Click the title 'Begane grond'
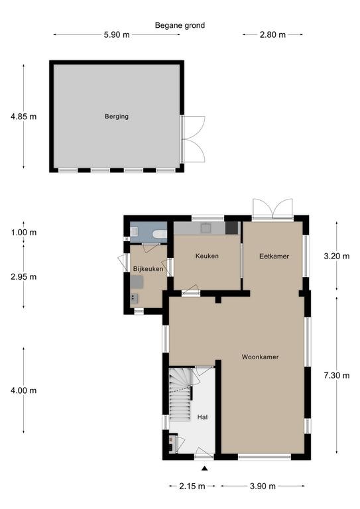pyautogui.click(x=180, y=25)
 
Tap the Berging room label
pyautogui.click(x=117, y=116)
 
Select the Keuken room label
pyautogui.click(x=207, y=256)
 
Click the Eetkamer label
pyautogui.click(x=274, y=256)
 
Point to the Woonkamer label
pyautogui.click(x=260, y=357)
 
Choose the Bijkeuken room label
pyautogui.click(x=148, y=269)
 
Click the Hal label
pyautogui.click(x=202, y=417)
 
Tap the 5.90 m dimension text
pyautogui.click(x=117, y=34)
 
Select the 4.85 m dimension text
pyautogui.click(x=23, y=117)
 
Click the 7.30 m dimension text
pyautogui.click(x=337, y=376)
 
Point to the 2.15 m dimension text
pyautogui.click(x=192, y=486)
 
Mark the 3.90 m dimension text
pyautogui.click(x=263, y=486)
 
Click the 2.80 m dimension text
pyautogui.click(x=272, y=34)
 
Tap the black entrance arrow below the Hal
pyautogui.click(x=204, y=468)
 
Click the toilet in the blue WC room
pyautogui.click(x=160, y=234)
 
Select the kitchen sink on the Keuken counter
pyautogui.click(x=206, y=228)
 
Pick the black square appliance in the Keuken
pyautogui.click(x=231, y=227)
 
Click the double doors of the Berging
pyautogui.click(x=193, y=139)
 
